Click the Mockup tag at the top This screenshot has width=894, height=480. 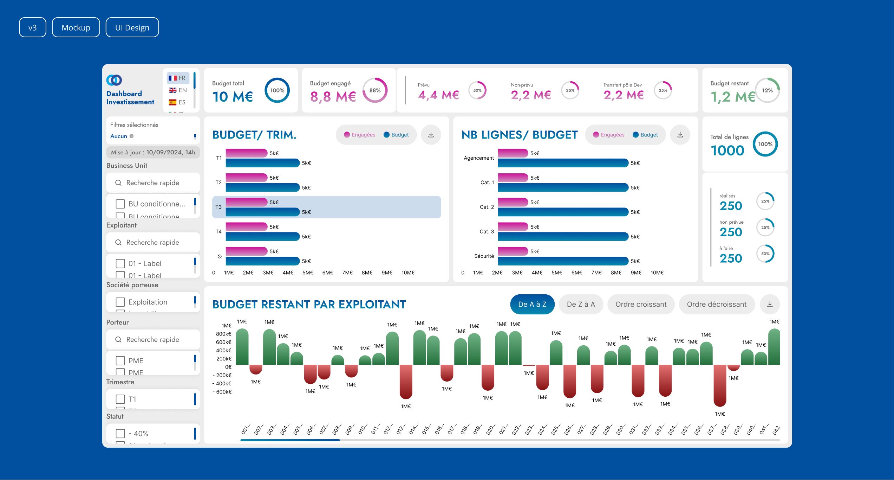(x=76, y=27)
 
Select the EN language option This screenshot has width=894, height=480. (x=178, y=90)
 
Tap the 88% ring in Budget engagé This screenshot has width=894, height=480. (x=375, y=90)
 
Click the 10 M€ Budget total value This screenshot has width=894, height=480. (x=233, y=97)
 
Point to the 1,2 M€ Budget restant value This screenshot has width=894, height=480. (x=732, y=97)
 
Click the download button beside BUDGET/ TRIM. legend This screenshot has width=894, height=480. (x=431, y=135)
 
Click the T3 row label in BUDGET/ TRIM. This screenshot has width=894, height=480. (x=218, y=207)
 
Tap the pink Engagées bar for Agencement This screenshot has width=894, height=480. (x=513, y=153)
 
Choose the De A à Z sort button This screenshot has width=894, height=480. (x=532, y=304)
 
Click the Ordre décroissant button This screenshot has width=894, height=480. (x=717, y=304)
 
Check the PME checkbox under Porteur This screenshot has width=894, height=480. (x=120, y=360)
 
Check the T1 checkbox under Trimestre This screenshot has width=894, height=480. (x=120, y=399)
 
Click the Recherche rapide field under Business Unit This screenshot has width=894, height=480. (x=153, y=183)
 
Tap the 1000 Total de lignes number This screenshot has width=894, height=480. (x=727, y=151)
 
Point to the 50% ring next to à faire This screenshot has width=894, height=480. (x=765, y=254)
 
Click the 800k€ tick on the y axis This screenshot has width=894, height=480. (x=223, y=334)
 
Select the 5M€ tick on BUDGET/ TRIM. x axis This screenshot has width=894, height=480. (x=308, y=273)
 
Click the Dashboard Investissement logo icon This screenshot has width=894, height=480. (x=114, y=80)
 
